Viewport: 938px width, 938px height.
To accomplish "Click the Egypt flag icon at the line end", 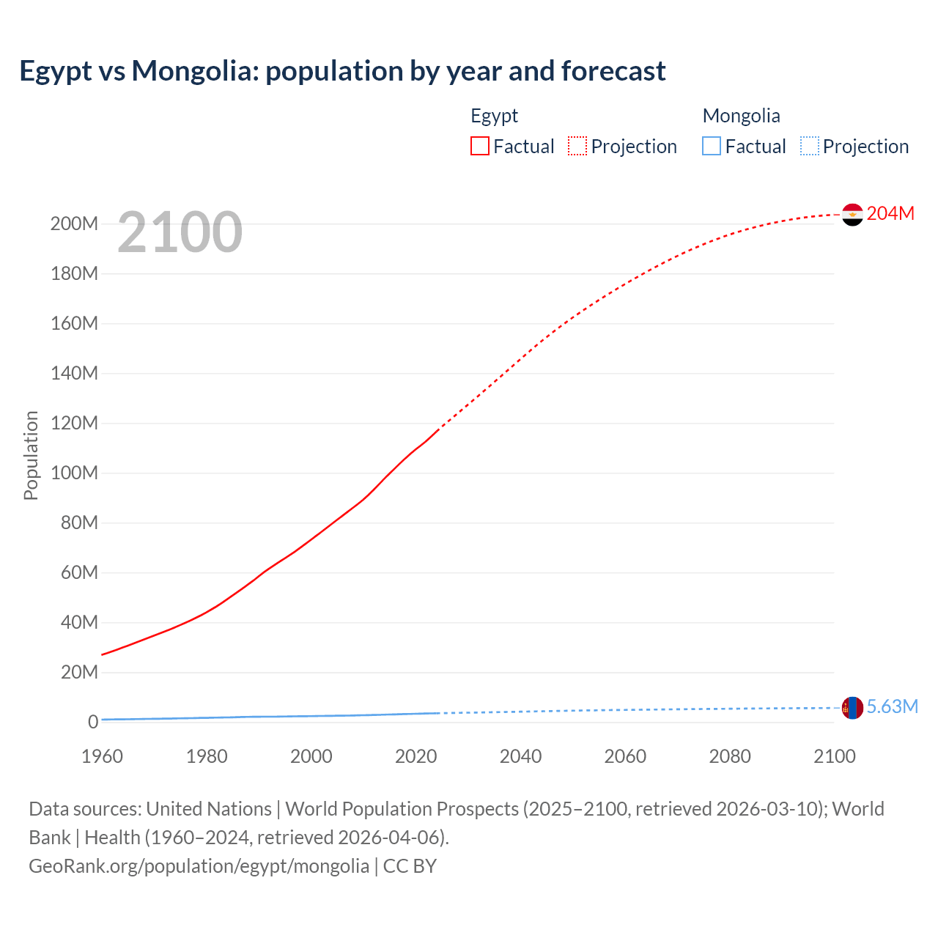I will (x=852, y=215).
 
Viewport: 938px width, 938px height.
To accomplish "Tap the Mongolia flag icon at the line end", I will (x=852, y=708).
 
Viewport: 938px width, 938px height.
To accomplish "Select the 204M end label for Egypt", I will (x=890, y=213).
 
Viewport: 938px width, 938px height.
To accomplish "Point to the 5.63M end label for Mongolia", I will (x=892, y=706).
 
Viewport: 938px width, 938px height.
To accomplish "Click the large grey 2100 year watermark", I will (x=180, y=232).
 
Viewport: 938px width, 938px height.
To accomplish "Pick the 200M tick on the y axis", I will (x=74, y=224).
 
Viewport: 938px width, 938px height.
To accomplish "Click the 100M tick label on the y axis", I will (x=74, y=473).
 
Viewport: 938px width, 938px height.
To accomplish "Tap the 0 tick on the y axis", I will (x=92, y=723).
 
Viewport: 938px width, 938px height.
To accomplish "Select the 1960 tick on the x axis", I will (x=102, y=756).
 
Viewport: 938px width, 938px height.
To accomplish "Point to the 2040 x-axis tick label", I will (x=520, y=756).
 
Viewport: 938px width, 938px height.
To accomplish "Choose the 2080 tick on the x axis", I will (x=730, y=756).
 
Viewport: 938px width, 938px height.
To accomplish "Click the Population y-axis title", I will (x=31, y=455).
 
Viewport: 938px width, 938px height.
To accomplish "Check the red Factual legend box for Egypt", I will (x=480, y=147).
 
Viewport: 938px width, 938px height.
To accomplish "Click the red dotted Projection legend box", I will (x=577, y=147).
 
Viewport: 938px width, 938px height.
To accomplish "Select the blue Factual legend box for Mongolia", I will (x=712, y=147).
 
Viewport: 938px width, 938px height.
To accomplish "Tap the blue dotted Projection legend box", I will (x=810, y=147).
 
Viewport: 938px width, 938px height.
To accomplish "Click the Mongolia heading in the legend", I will (x=741, y=116).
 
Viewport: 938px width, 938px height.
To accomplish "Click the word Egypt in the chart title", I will (x=56, y=72).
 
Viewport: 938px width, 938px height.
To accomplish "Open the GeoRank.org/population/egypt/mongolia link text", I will (x=199, y=866).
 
